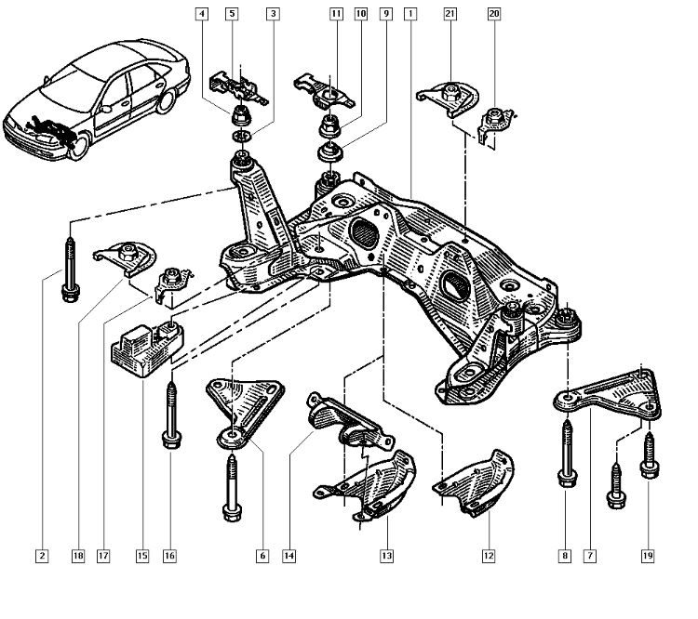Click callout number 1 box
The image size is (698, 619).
coord(410,14)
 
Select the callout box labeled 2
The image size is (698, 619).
coord(41,556)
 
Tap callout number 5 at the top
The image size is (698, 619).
coord(232,14)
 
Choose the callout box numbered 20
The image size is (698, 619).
coord(493,14)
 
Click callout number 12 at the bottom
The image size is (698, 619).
coord(488,556)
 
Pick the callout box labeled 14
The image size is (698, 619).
coord(289,556)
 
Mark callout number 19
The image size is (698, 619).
coord(648,556)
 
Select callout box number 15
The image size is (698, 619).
coord(141,556)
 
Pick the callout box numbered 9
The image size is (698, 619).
coord(384,14)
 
